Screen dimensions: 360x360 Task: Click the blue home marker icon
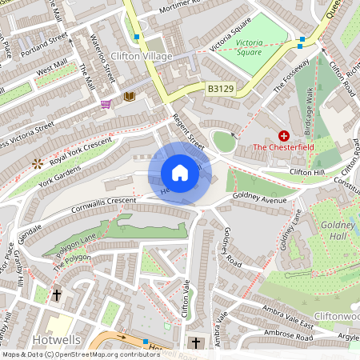coord(180,173)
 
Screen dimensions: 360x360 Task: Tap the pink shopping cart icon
coord(106,104)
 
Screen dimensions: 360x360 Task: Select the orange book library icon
coord(130,97)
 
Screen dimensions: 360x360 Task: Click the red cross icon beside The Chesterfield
coord(283,136)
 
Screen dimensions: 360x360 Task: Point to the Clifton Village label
coord(122,57)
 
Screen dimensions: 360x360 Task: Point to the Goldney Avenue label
coord(258,195)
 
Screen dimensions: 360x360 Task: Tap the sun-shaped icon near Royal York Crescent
coord(37,162)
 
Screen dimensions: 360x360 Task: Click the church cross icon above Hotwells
coord(58,295)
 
